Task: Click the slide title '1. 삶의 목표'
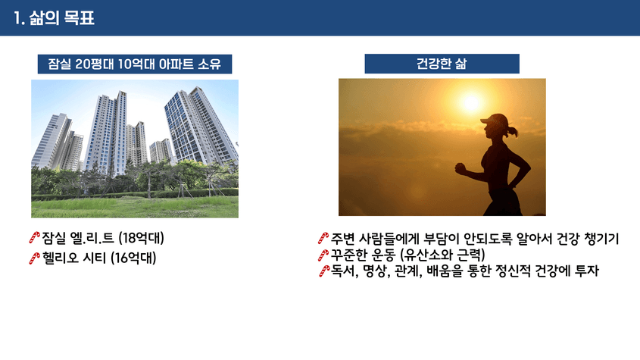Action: (54, 18)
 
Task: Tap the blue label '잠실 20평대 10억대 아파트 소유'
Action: (135, 64)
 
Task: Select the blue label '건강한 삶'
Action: (442, 64)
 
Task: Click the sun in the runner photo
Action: (471, 102)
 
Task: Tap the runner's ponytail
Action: (513, 131)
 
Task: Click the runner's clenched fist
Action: (460, 168)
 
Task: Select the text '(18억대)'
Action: (141, 238)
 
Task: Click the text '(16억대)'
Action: (133, 258)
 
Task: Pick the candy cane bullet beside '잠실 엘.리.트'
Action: (35, 237)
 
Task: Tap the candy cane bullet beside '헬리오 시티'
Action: (35, 258)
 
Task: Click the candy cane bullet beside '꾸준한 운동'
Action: (323, 255)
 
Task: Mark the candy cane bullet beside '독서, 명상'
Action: (324, 271)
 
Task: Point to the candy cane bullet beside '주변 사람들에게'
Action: (323, 238)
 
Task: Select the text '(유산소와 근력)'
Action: (442, 255)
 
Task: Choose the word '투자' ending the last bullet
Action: (586, 271)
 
